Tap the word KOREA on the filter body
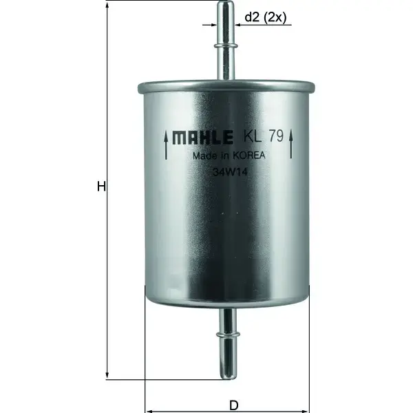pyautogui.click(x=248, y=156)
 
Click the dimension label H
pyautogui.click(x=100, y=187)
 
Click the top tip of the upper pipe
pyautogui.click(x=226, y=4)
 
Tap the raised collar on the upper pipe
pyautogui.click(x=226, y=45)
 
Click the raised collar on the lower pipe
pyautogui.click(x=226, y=336)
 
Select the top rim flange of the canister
pyautogui.click(x=226, y=87)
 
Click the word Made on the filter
pyautogui.click(x=206, y=156)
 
